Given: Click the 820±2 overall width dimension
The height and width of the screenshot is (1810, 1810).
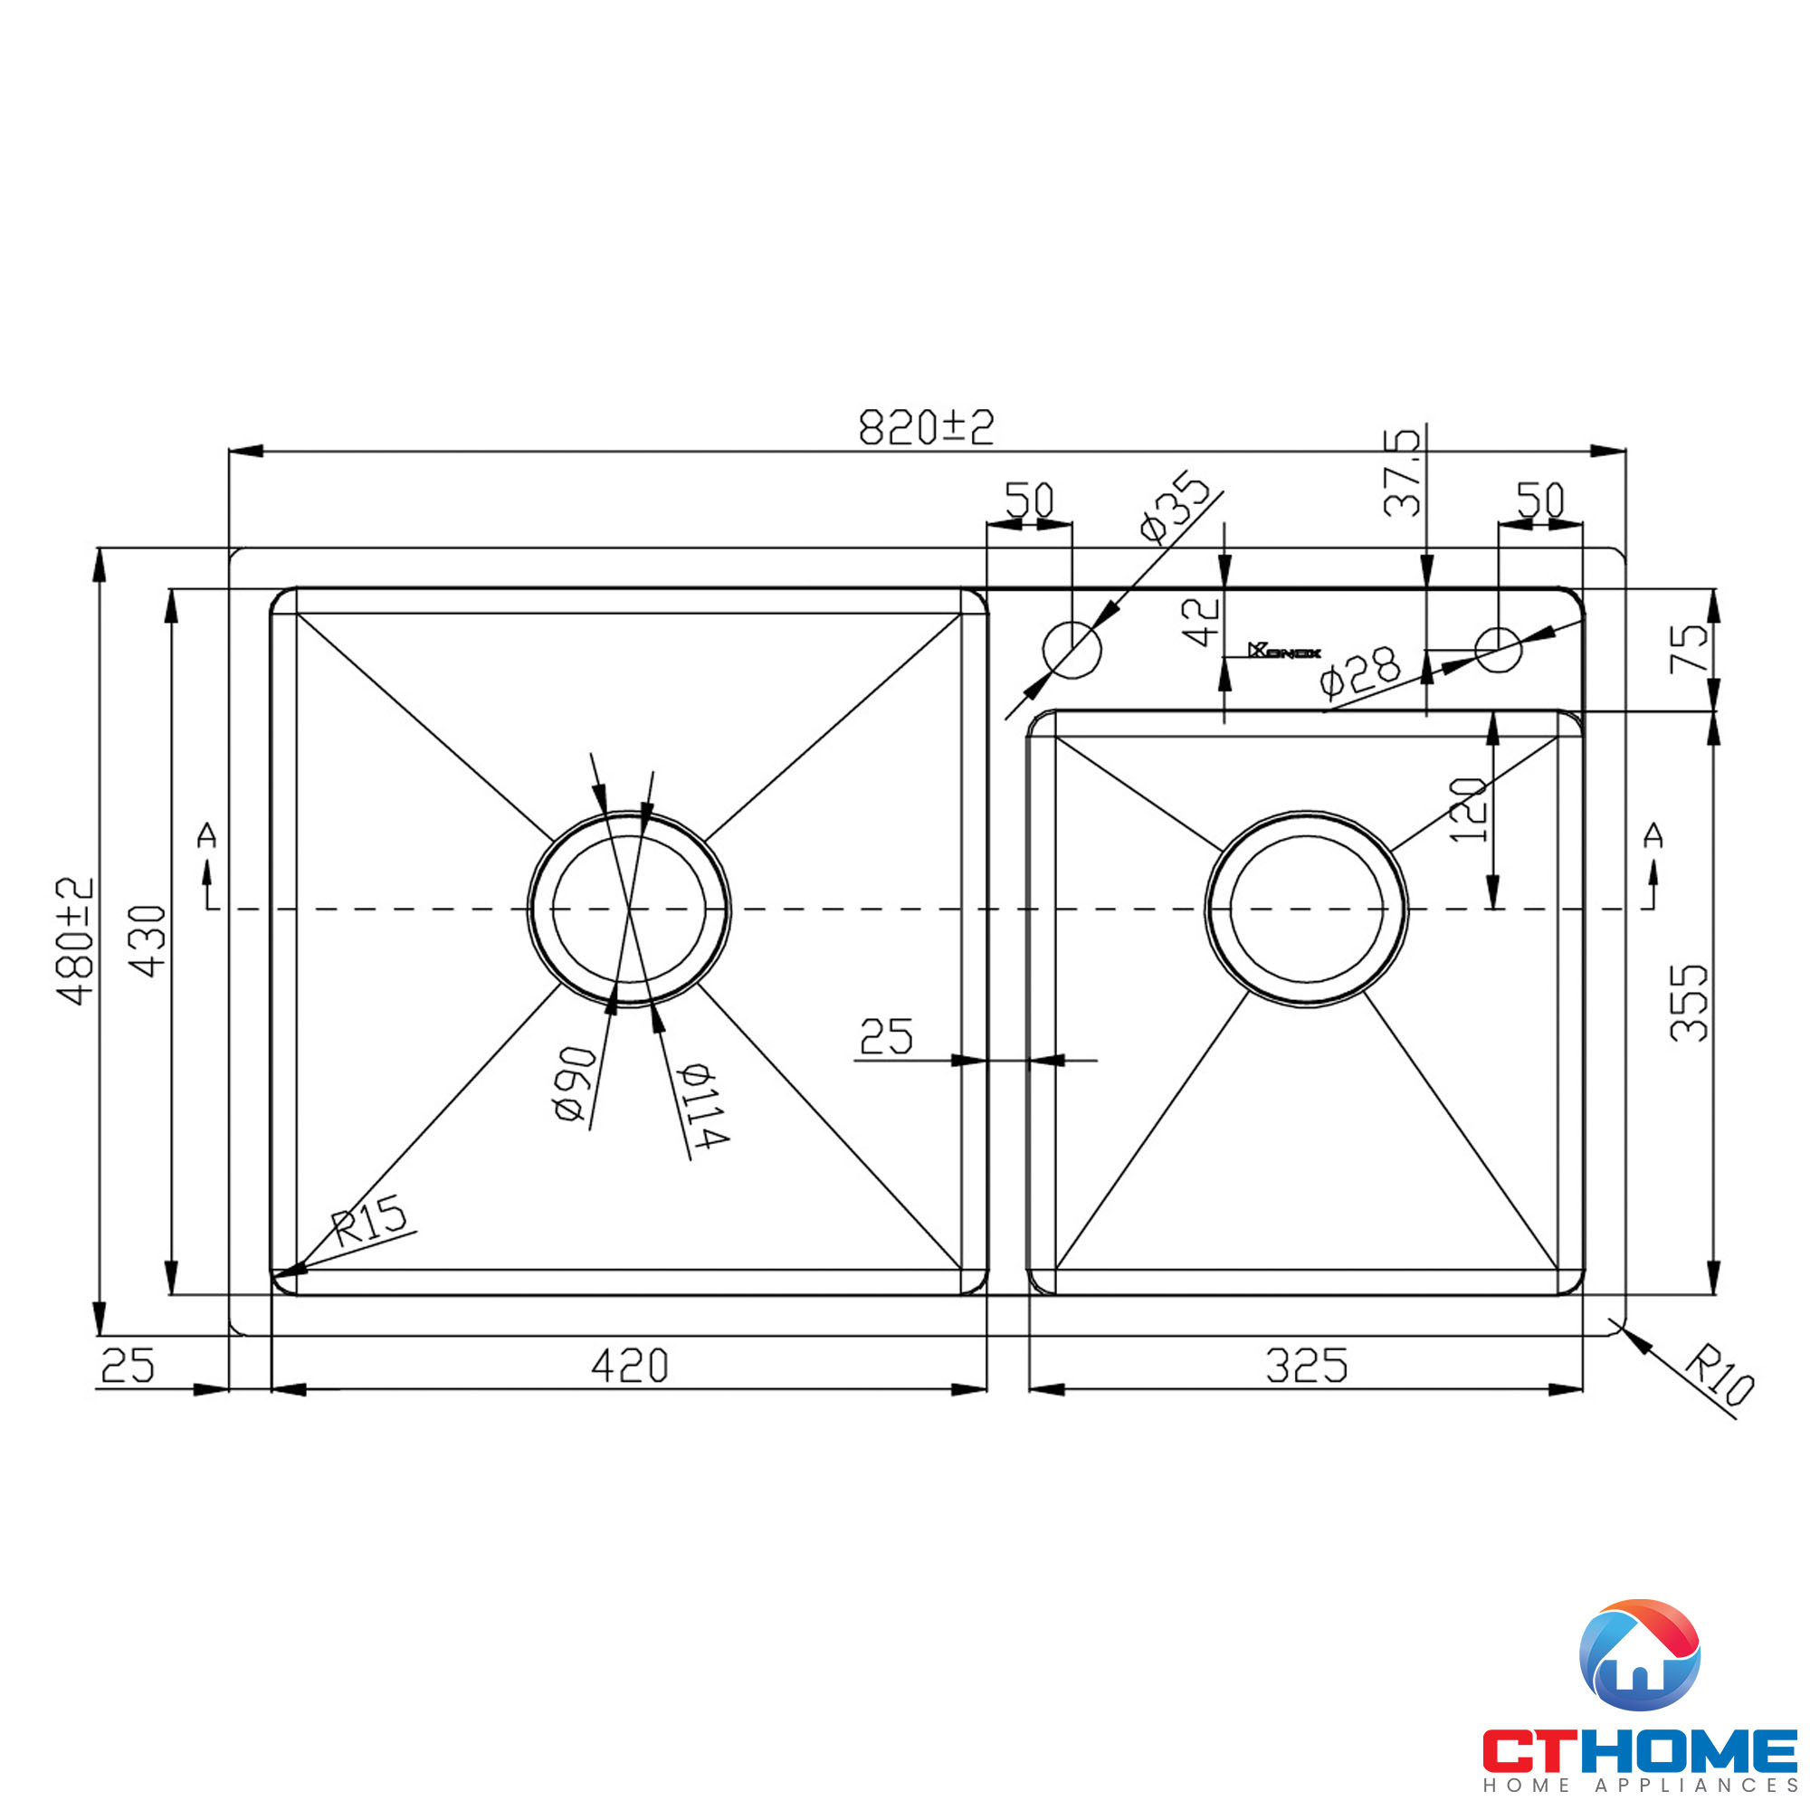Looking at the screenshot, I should coord(926,427).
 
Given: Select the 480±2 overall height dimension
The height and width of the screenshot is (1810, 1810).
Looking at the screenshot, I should coord(75,940).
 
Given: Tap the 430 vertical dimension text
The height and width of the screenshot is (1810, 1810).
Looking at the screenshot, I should coord(148,940).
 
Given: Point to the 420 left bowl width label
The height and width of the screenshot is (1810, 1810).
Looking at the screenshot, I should coord(630,1366).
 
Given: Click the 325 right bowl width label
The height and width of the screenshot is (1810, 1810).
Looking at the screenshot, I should coord(1306,1366).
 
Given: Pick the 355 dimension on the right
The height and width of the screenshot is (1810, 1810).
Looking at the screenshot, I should coord(1689,1003).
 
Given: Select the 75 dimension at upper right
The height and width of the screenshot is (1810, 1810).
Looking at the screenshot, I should coord(1689,648).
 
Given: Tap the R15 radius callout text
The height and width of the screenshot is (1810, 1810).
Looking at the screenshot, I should coord(370,1219).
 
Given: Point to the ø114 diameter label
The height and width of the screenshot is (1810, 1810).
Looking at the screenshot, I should coord(702,1106).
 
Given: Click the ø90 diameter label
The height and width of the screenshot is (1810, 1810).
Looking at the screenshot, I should coord(574,1084).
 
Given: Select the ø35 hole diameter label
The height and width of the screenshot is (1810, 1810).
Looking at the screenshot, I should coord(1175,507).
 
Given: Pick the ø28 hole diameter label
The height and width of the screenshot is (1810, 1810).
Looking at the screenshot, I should coord(1359,671).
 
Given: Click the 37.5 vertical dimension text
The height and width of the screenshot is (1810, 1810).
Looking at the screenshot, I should coord(1402,473).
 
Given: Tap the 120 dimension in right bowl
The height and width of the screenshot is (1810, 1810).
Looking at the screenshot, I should coord(1468,810).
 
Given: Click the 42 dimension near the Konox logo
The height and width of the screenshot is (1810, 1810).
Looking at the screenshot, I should coord(1200,621).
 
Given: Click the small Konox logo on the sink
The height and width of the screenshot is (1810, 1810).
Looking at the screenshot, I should coord(1284,651).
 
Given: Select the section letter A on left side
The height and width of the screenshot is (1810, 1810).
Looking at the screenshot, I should coord(207,834).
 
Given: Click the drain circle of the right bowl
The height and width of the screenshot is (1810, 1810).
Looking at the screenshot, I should coord(1306,909).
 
